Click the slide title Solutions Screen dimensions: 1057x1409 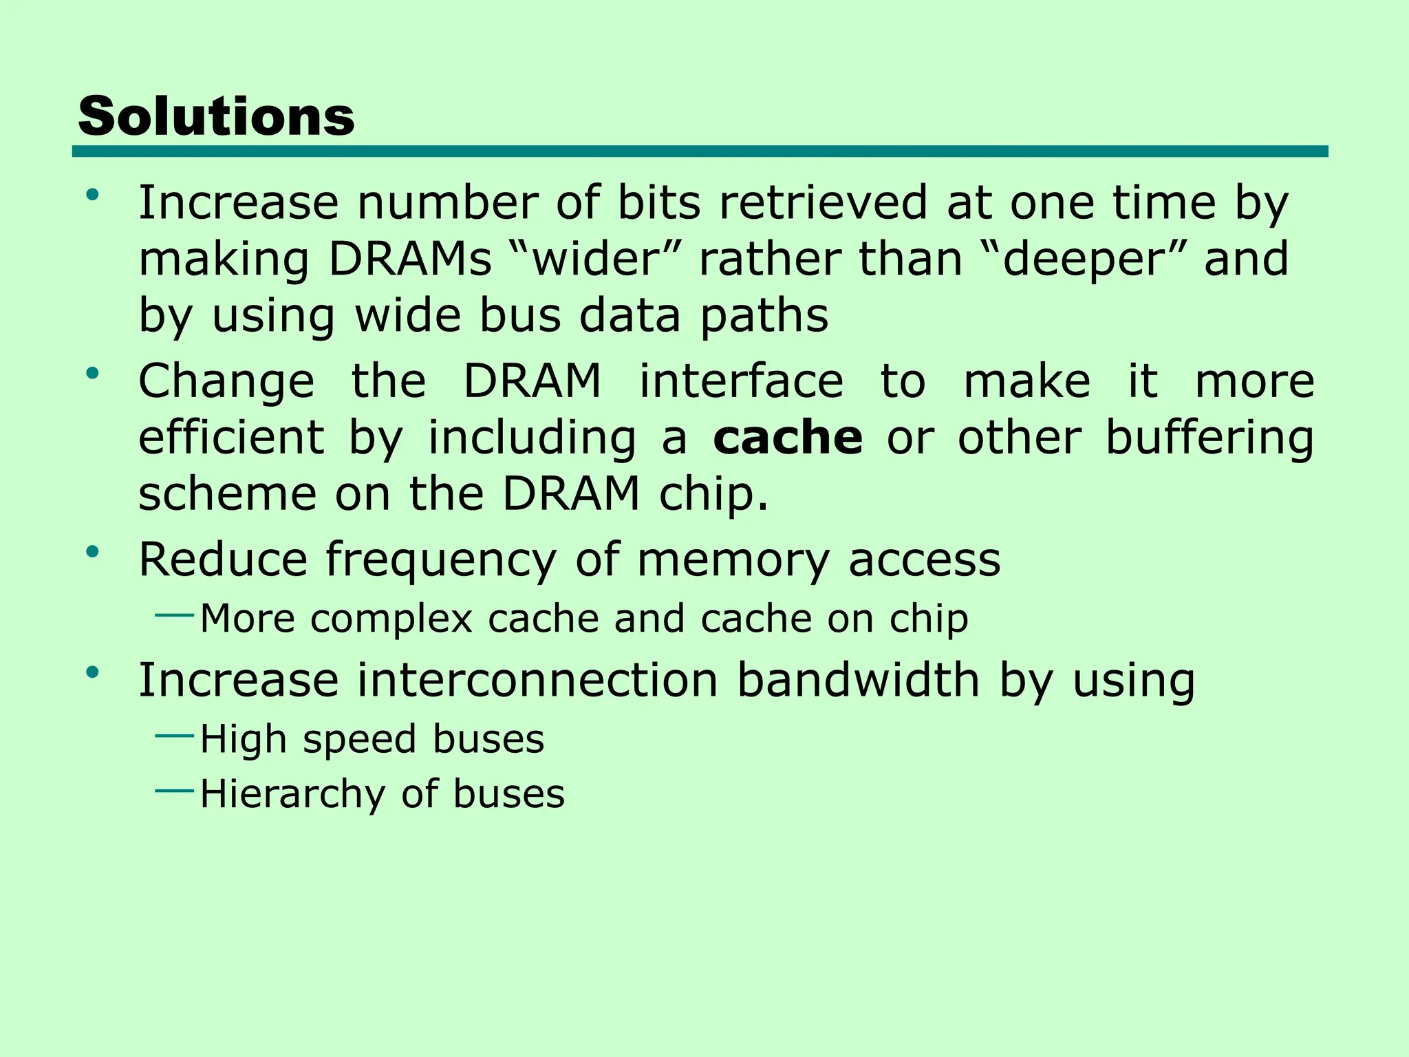(x=216, y=116)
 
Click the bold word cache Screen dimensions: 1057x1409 (x=788, y=438)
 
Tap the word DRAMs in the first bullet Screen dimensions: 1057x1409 (x=410, y=259)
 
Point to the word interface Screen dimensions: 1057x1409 (x=741, y=381)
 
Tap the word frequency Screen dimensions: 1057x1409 (x=440, y=560)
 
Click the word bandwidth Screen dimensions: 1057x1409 (x=858, y=680)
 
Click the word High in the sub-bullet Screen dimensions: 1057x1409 (x=243, y=739)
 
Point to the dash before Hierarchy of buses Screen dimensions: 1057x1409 (x=175, y=791)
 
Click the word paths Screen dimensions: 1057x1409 (x=764, y=317)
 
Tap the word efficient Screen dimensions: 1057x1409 (x=231, y=438)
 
